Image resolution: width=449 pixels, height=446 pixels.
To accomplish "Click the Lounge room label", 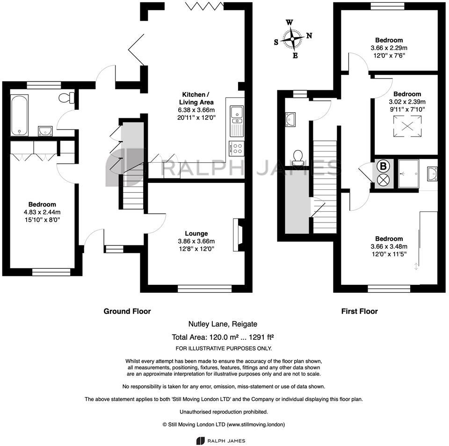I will pos(196,233).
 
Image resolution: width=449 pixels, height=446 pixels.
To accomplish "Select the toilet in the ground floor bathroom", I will pos(66,97).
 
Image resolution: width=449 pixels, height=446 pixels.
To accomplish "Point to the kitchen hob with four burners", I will pos(237,148).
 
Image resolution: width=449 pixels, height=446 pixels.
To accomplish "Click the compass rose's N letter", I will pos(309,36).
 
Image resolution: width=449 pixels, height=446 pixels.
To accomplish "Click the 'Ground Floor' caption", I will pos(127,311).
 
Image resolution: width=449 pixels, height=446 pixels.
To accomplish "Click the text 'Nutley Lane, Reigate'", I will pos(223,324).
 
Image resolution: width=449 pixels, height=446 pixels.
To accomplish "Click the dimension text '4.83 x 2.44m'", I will pos(42,212).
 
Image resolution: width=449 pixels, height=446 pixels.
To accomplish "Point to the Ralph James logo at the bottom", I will pos(220,440).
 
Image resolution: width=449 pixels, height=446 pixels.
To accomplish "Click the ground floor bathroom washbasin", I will pos(45,129).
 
